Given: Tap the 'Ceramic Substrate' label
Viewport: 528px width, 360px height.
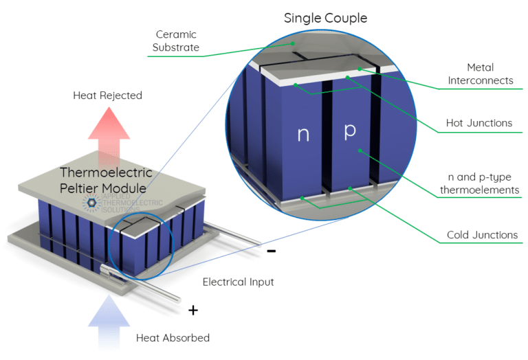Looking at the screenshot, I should [177, 41].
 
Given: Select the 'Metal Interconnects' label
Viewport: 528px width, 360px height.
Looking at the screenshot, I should [481, 74].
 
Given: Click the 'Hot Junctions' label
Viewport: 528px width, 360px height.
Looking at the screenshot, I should [480, 123].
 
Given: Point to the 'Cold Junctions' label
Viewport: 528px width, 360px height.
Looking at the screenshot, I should [481, 235].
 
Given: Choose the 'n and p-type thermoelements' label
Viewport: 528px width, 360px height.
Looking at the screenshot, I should [480, 184].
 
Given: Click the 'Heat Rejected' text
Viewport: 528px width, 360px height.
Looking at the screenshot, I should [107, 95].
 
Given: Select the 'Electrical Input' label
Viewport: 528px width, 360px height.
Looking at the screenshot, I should [238, 282].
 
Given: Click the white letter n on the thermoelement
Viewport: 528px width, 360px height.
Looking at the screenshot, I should [303, 135].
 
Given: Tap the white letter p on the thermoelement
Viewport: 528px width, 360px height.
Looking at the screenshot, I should [349, 131].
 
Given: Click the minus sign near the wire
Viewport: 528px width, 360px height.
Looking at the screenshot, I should [272, 251].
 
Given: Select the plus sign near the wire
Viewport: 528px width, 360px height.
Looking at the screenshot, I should [193, 311].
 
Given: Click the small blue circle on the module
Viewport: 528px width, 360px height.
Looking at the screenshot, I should [139, 246].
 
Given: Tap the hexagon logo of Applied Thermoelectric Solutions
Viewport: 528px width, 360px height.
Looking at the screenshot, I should [90, 202].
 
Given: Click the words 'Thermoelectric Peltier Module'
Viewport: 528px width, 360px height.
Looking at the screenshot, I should [106, 180].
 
